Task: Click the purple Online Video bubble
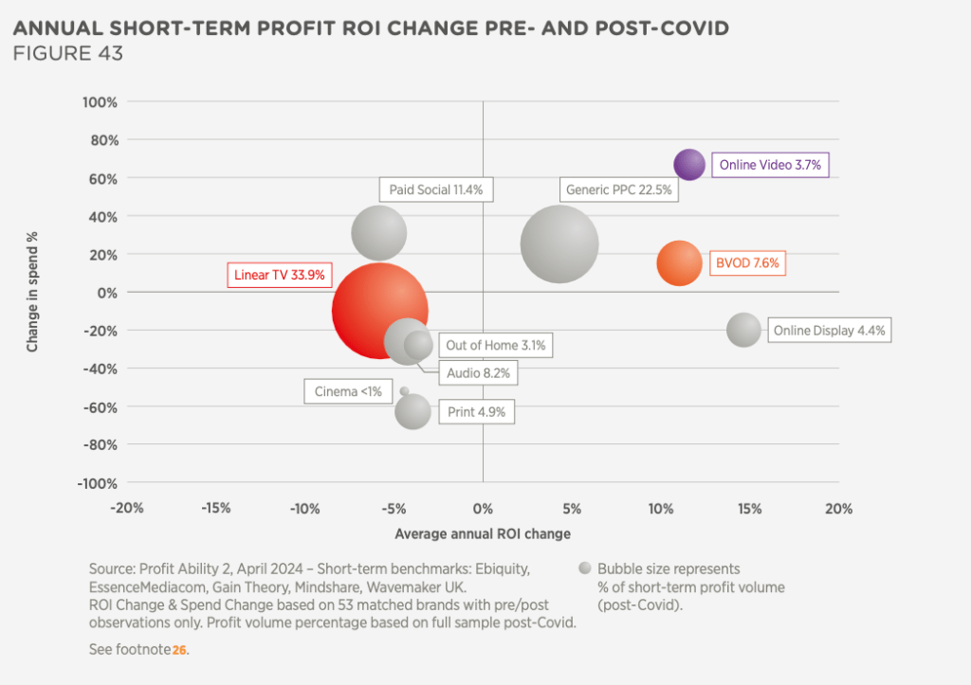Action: pos(689,164)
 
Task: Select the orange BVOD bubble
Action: pos(679,263)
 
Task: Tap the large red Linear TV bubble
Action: pos(379,311)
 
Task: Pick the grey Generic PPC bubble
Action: pos(559,244)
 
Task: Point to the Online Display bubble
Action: pos(743,330)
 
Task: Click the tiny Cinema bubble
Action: pos(405,390)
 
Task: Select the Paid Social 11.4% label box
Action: pos(436,189)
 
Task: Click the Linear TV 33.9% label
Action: pos(279,276)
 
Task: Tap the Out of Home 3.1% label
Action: pos(495,346)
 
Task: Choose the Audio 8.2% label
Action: pos(478,373)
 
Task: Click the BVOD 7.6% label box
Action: pos(747,263)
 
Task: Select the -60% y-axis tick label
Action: pos(99,406)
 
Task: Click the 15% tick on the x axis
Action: pos(749,509)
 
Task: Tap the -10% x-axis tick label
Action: pos(305,509)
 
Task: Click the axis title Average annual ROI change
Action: pos(483,533)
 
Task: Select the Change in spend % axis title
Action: pos(32,293)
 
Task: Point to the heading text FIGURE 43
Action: pos(67,53)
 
